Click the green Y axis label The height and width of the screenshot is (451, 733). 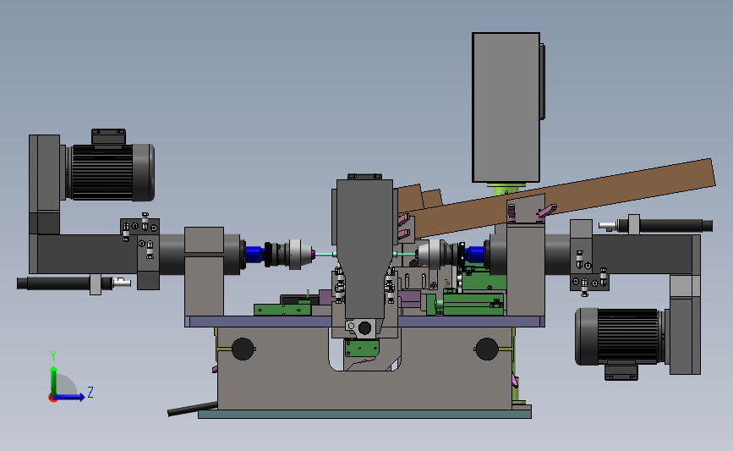(53, 356)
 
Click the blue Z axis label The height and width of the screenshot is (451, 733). (90, 392)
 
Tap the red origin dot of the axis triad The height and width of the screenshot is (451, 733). (52, 399)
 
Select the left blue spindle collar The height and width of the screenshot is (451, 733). (254, 255)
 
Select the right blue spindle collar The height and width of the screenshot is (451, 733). (474, 255)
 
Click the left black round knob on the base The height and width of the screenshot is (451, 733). (243, 349)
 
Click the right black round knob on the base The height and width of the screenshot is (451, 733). (486, 349)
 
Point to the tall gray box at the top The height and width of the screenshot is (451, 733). (506, 107)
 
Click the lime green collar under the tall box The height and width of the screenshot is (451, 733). (506, 189)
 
